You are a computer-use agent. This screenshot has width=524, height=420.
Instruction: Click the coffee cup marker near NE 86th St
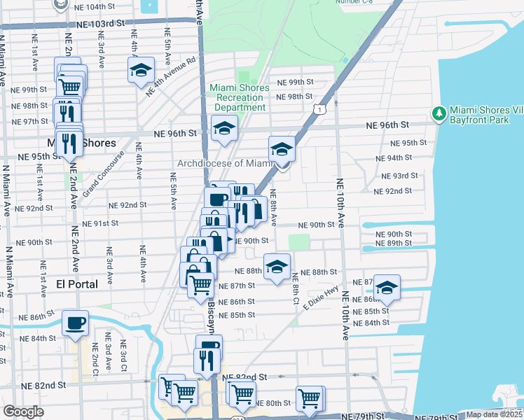click(75, 323)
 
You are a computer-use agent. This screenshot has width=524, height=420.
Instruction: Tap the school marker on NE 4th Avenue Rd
click(141, 71)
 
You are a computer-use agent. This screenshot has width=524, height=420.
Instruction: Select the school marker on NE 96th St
click(224, 128)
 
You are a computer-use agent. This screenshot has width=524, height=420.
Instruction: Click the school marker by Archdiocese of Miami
click(282, 150)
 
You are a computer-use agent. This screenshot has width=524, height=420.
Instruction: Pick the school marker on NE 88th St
click(277, 267)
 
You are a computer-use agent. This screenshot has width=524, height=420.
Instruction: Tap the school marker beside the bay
click(386, 288)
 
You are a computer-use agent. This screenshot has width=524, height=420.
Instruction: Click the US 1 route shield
click(319, 110)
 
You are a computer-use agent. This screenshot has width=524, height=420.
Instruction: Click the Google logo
click(23, 412)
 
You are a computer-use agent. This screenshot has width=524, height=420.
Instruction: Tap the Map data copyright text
click(494, 414)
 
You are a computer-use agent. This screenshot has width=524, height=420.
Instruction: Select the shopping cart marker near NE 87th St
click(201, 284)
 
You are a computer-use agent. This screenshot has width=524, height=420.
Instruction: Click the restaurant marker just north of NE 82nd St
click(206, 360)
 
